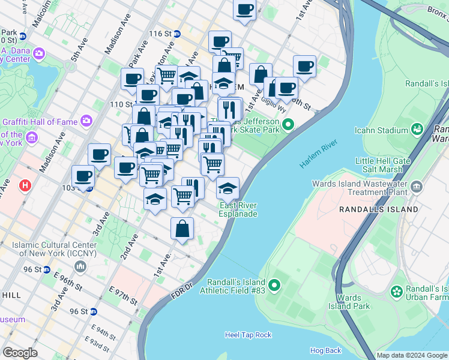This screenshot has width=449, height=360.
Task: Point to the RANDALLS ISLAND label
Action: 378,209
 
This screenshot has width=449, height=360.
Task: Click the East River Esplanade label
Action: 238,209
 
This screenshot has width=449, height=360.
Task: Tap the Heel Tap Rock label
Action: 248,335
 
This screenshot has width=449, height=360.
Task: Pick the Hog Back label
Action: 325,350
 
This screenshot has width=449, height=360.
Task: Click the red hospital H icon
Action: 25,187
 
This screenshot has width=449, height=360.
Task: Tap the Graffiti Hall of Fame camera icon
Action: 86,121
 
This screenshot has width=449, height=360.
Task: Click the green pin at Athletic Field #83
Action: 275,284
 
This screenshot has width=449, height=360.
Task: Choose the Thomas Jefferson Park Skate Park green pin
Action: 288,125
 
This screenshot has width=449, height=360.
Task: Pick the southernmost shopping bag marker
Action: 182,229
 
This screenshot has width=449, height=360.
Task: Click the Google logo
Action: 20,353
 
